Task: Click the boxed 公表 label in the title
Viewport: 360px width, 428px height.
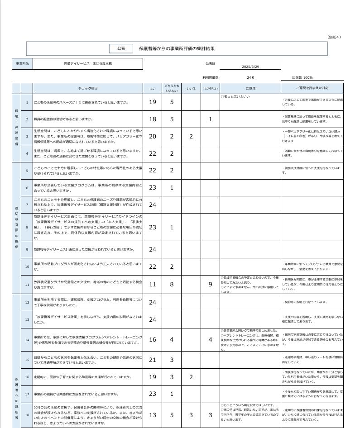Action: click(121, 48)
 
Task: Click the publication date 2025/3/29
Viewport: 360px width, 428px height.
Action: click(250, 67)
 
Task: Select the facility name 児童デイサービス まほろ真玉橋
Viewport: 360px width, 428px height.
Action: click(88, 64)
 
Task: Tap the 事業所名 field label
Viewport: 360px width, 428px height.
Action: click(22, 64)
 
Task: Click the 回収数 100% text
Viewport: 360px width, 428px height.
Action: click(302, 78)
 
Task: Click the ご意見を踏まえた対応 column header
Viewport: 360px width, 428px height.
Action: click(312, 88)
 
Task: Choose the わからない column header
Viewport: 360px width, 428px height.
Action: click(211, 88)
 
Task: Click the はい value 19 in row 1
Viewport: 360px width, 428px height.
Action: click(153, 102)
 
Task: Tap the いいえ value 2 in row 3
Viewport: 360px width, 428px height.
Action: click(191, 136)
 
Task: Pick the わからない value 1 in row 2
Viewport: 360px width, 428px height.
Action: click(211, 119)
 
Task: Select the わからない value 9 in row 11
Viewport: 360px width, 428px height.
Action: click(211, 285)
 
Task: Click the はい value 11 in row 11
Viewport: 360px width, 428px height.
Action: click(153, 285)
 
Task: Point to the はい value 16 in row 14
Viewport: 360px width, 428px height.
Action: click(153, 339)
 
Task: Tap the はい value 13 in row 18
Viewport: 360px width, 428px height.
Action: click(153, 415)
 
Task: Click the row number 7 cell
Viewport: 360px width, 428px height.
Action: click(27, 204)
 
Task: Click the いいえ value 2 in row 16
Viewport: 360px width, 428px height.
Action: click(191, 377)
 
